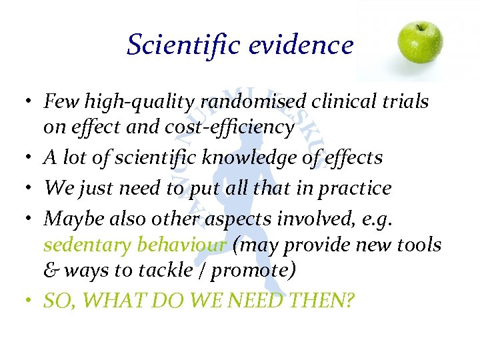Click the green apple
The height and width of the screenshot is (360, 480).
[x=420, y=42]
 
